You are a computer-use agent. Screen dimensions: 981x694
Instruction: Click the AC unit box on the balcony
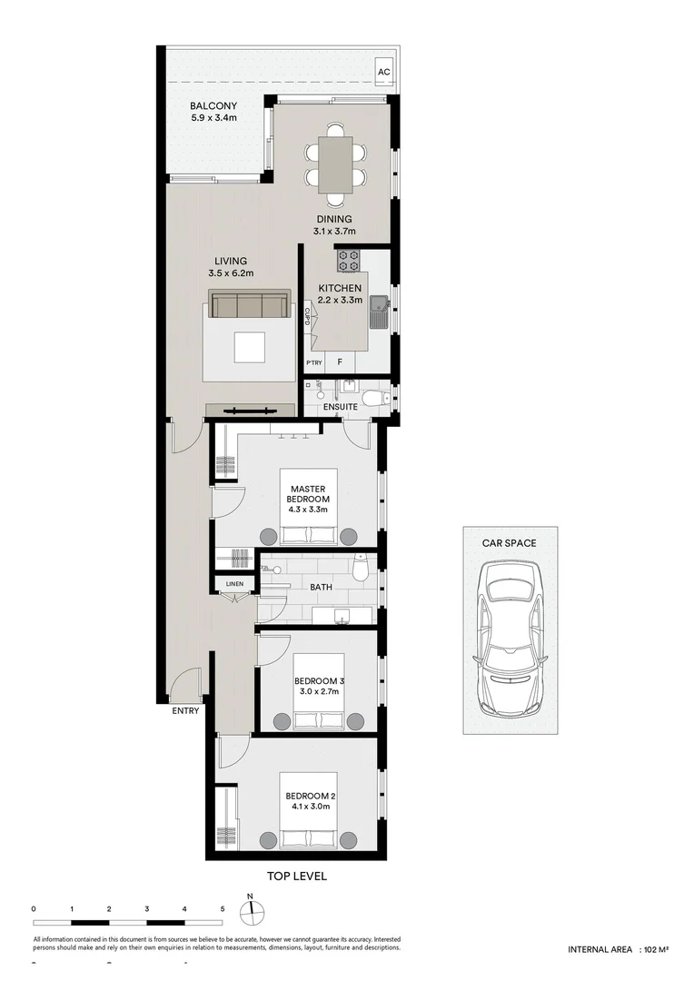pyautogui.click(x=383, y=72)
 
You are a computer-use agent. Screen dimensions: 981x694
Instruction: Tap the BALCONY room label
pyautogui.click(x=213, y=106)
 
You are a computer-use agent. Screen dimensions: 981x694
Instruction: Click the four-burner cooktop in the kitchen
pyautogui.click(x=349, y=261)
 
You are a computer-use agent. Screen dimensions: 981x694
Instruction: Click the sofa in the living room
pyautogui.click(x=250, y=304)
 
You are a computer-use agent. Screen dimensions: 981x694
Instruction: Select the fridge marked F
pyautogui.click(x=340, y=362)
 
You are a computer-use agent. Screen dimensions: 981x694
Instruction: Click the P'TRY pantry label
pyautogui.click(x=314, y=363)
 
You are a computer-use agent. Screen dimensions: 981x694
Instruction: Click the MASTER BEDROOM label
pyautogui.click(x=307, y=494)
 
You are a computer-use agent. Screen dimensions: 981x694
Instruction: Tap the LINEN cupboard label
pyautogui.click(x=234, y=582)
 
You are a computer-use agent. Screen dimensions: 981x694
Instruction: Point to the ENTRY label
pyautogui.click(x=184, y=711)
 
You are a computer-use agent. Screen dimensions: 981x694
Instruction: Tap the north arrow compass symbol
pyautogui.click(x=252, y=911)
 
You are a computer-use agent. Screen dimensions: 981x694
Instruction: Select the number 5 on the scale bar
pyautogui.click(x=222, y=908)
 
